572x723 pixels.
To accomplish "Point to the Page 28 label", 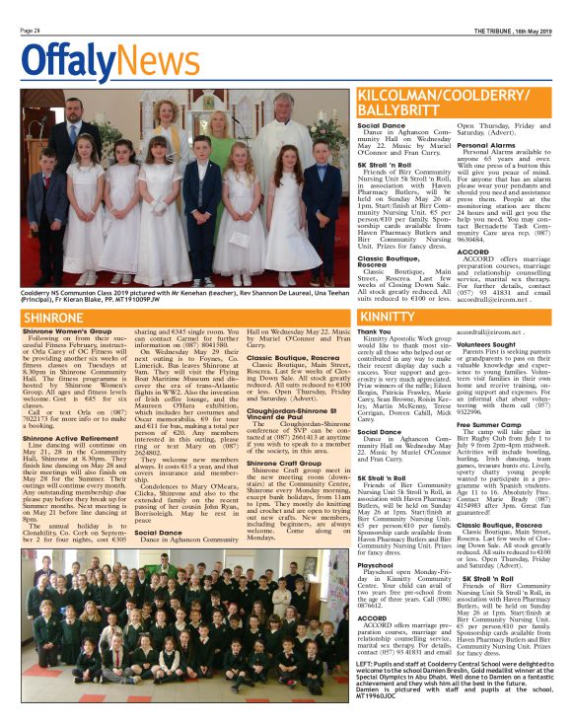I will coord(29,31).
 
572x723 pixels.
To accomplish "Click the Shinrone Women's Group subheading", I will coord(61,332).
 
